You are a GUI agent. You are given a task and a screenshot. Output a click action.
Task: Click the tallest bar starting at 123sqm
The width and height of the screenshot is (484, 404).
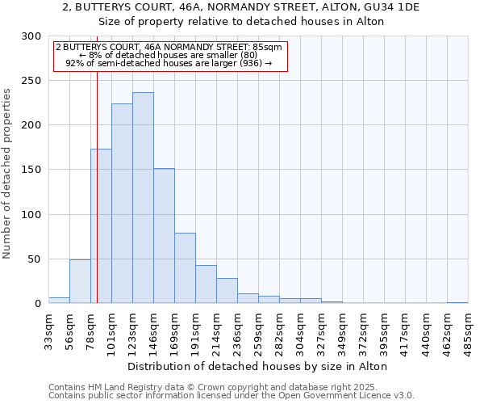click(x=143, y=198)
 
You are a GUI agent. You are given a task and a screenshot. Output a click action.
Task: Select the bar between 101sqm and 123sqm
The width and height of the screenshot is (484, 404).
click(x=122, y=204)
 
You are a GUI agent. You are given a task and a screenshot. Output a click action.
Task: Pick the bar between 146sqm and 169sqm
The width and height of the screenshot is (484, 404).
click(x=164, y=236)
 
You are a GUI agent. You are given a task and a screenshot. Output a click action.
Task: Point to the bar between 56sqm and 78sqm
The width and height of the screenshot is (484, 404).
click(x=80, y=281)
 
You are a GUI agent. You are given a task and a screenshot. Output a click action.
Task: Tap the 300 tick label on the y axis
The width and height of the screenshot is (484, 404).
click(x=31, y=36)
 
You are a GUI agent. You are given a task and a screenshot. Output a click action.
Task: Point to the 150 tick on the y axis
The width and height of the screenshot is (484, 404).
click(x=31, y=170)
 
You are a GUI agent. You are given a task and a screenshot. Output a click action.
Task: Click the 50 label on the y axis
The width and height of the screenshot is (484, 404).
click(x=35, y=259)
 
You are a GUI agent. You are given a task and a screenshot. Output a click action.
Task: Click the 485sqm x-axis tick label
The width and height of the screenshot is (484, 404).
click(x=469, y=332)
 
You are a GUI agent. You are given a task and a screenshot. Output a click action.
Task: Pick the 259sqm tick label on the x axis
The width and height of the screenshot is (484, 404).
click(x=259, y=332)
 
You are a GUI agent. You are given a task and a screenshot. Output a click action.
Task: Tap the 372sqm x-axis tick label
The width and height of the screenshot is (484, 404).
click(x=364, y=332)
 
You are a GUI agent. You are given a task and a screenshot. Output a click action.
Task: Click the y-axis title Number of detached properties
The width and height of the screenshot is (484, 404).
click(x=7, y=174)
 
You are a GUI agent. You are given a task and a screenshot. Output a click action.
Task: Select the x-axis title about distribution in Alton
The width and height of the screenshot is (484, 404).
click(x=258, y=367)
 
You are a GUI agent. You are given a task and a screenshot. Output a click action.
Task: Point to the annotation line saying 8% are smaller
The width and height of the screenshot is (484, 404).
click(x=169, y=55)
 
